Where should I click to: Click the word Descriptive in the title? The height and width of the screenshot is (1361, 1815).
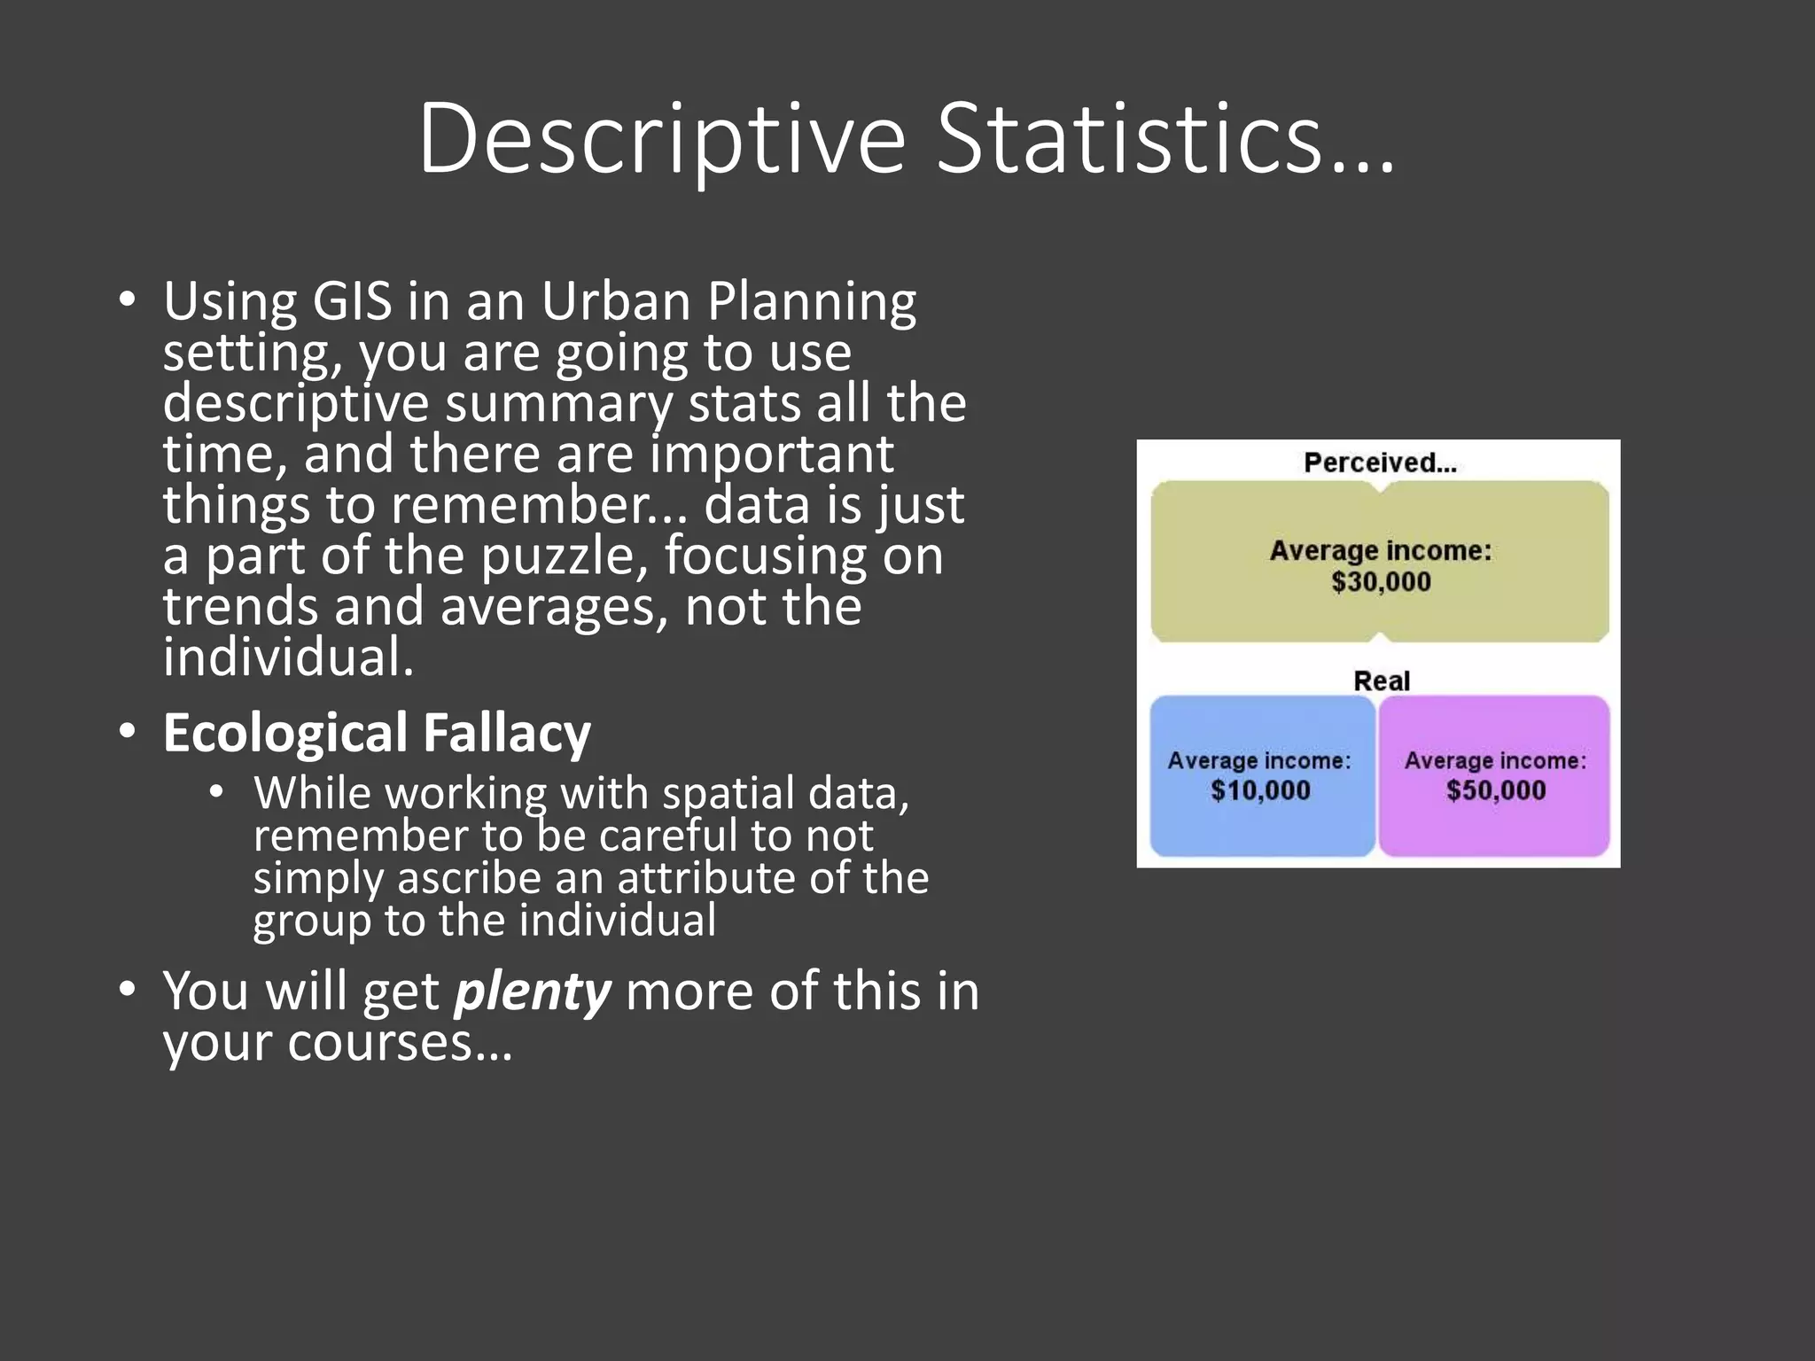coord(661,140)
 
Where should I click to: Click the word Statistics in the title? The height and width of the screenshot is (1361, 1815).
coord(1129,140)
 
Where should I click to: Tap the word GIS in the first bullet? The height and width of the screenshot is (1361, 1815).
coord(352,301)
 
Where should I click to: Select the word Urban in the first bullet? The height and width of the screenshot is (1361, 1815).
coord(615,301)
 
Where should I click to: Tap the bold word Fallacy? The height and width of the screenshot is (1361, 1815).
coord(506,734)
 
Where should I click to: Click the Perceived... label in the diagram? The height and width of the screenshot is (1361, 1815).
coord(1380,463)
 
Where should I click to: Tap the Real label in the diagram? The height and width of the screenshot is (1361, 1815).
coord(1381,680)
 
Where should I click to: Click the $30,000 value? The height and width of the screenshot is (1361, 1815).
coord(1381,582)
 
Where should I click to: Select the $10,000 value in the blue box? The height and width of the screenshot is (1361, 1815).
coord(1260,790)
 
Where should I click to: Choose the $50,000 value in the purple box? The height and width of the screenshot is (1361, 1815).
coord(1496,790)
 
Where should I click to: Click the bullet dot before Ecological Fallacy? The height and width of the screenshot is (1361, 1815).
coord(128,732)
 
